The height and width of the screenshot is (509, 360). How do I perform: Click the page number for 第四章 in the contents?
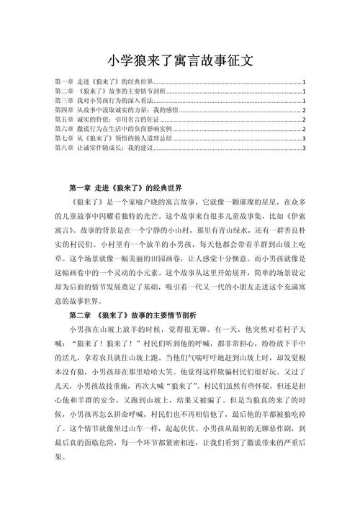pyautogui.click(x=305, y=110)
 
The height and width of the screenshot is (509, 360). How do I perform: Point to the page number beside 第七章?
pyautogui.click(x=305, y=138)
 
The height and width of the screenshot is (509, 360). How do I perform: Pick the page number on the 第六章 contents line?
pyautogui.click(x=305, y=129)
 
